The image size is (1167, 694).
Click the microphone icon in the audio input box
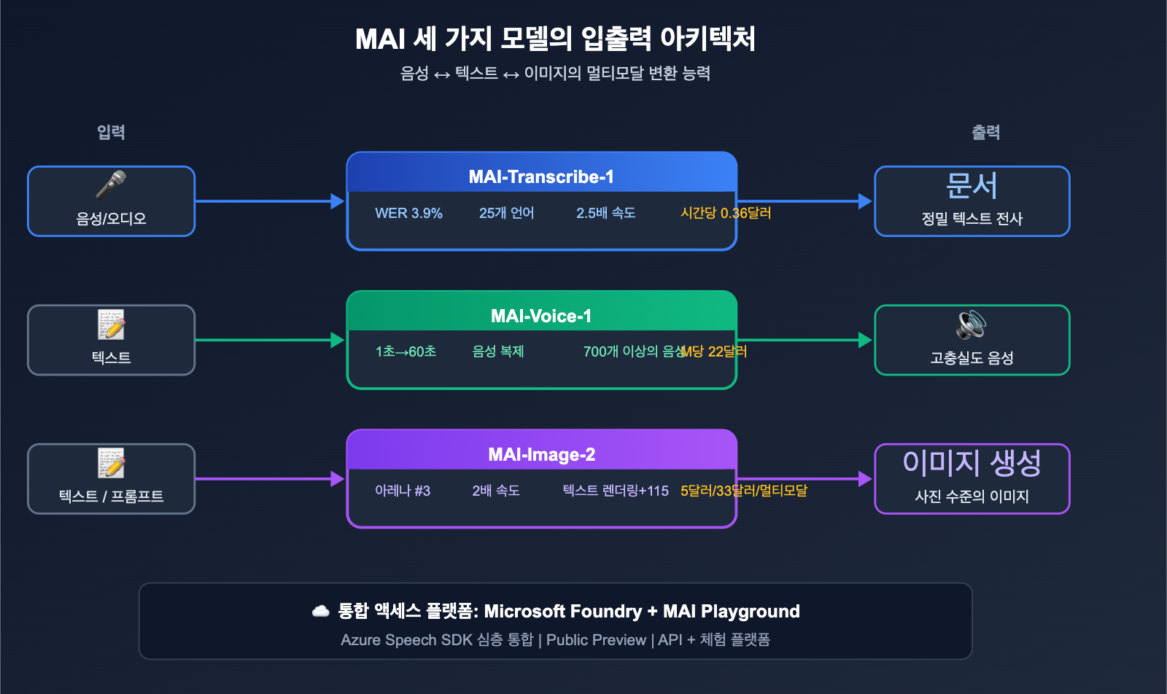tap(111, 184)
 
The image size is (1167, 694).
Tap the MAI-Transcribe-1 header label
tap(541, 177)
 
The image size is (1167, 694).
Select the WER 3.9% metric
tap(408, 213)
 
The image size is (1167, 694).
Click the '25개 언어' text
tap(506, 213)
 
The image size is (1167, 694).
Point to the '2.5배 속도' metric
tap(605, 213)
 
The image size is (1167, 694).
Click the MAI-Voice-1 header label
tap(541, 316)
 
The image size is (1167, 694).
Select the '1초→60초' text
tap(406, 351)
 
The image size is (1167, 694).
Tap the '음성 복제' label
tap(498, 351)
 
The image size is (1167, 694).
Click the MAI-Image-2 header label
tap(541, 455)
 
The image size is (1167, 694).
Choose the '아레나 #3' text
tap(403, 491)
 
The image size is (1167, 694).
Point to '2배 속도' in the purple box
tap(496, 491)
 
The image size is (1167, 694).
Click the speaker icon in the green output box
tap(972, 324)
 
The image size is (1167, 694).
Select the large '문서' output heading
tap(972, 186)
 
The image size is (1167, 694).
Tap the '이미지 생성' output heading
tap(972, 463)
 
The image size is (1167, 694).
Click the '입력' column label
tap(111, 132)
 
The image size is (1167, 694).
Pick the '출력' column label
tap(985, 132)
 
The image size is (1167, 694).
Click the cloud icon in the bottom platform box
tap(321, 611)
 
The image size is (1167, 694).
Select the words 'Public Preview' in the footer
tap(596, 640)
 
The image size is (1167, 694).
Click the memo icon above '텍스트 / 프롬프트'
tap(111, 463)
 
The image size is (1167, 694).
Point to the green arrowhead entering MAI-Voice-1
tap(337, 340)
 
